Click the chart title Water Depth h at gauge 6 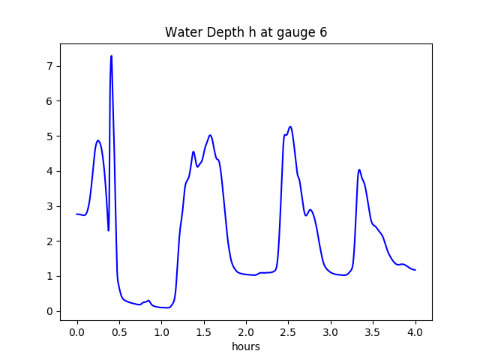[246, 32]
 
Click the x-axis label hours [246, 347]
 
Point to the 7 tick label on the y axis [49, 66]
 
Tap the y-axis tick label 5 [49, 136]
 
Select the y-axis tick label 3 [49, 206]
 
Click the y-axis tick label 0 [49, 311]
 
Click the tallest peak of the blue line [111, 56]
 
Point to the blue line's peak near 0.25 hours [98, 140]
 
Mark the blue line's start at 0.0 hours [77, 214]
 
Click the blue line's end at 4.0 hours [415, 270]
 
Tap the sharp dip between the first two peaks [109, 229]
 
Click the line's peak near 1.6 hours [211, 136]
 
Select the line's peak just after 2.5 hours [290, 127]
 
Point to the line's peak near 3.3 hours [359, 169]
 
